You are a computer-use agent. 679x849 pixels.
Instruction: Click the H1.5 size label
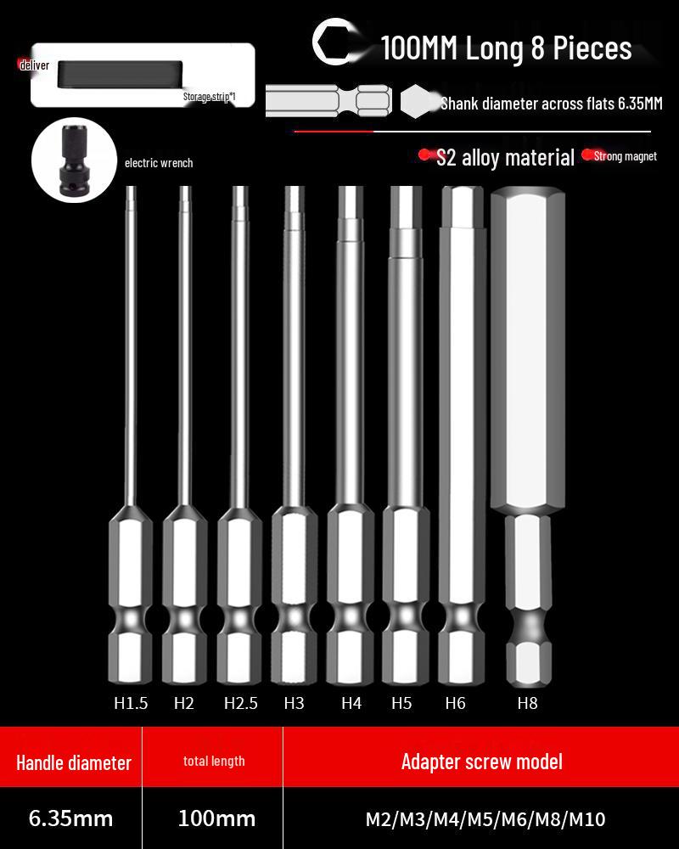pos(131,703)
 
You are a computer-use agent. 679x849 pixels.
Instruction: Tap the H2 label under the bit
pos(184,703)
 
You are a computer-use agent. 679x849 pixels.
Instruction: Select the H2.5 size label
pos(241,703)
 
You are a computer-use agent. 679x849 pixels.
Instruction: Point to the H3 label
pos(294,703)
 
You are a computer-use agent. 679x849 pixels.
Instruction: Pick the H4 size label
pos(351,703)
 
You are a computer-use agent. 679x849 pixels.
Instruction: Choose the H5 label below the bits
pos(401,703)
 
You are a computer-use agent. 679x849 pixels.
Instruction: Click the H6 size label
pos(455,703)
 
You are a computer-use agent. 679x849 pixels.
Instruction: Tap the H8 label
pos(527,703)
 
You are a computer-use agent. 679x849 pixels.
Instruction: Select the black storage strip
pos(121,74)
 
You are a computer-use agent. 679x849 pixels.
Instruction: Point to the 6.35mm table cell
pos(71,818)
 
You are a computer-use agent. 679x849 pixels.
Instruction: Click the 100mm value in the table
pos(216,818)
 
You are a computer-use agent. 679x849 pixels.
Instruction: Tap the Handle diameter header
pos(74,762)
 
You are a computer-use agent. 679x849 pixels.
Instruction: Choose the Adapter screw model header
pos(481,761)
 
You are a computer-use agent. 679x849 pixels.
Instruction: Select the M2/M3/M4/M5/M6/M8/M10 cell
pos(485,819)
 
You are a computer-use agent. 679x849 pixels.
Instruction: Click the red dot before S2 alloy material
pos(425,155)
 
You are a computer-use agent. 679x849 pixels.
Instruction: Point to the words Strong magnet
pos(626,156)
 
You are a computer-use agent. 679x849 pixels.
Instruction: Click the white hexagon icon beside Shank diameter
pos(417,103)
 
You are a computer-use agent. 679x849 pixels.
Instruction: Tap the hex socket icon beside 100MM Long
pos(334,43)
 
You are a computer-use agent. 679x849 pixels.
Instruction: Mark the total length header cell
pos(214,762)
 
